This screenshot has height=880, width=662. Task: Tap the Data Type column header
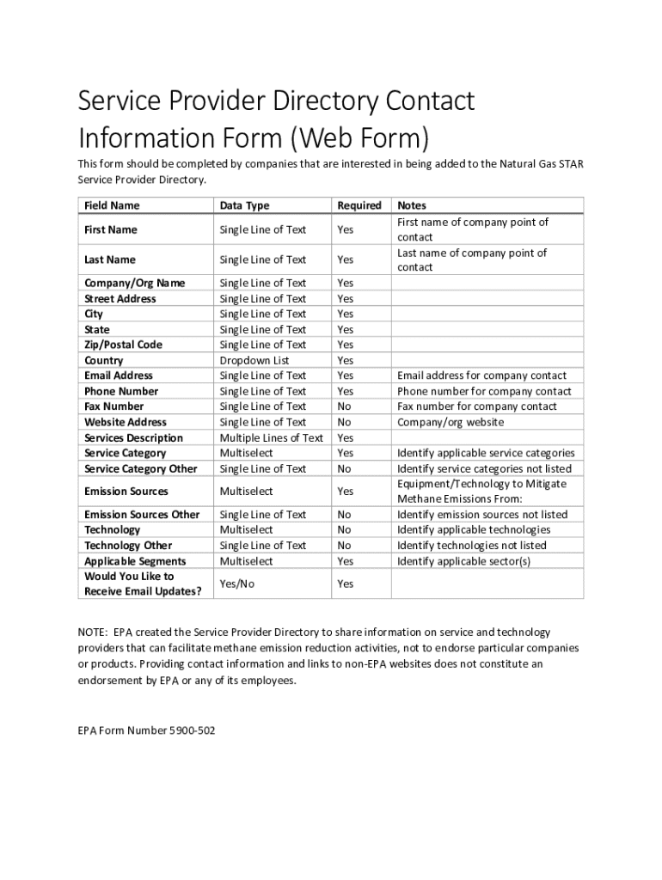pos(244,205)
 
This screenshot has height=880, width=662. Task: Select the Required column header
pos(359,205)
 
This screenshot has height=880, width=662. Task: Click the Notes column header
pos(411,205)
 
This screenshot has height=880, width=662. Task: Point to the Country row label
pos(103,360)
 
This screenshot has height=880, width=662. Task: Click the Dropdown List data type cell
pos(254,360)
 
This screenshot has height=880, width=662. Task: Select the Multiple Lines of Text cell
pos(271,437)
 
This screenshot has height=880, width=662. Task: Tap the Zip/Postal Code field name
pos(123,345)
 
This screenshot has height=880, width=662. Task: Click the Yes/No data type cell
pos(237,584)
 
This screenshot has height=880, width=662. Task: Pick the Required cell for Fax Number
pos(344,406)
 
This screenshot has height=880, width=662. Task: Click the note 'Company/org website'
pos(450,422)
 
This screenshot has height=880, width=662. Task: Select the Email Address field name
pos(119,376)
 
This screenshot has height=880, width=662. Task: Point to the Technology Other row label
pos(128,546)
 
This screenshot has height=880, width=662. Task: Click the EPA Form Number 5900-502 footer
pos(146,731)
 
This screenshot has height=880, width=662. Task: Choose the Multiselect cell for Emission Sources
pos(246,492)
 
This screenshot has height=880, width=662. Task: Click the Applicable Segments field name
pos(135,561)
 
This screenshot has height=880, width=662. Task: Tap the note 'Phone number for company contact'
pos(483,391)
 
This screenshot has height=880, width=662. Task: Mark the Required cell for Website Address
pos(344,422)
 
